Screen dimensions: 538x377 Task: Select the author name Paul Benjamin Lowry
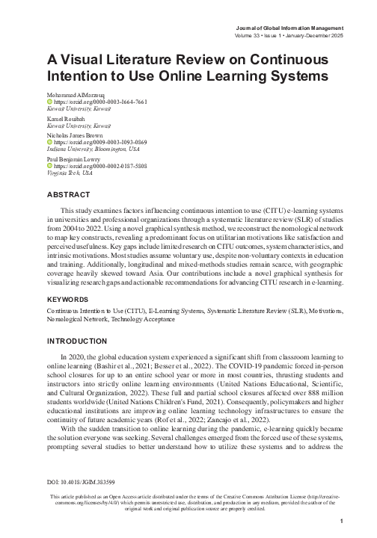pos(76,159)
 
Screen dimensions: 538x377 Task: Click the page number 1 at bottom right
pos(340,522)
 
